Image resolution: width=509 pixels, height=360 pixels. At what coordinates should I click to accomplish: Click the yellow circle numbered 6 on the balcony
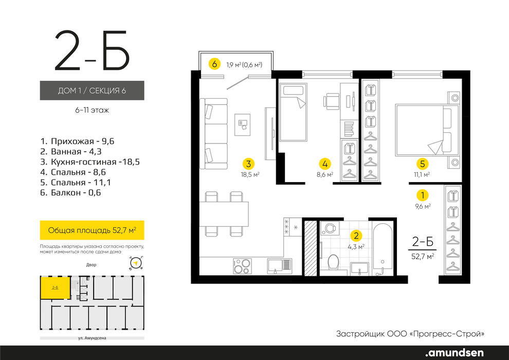[214, 64]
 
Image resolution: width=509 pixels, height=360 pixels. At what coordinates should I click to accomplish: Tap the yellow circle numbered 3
[248, 164]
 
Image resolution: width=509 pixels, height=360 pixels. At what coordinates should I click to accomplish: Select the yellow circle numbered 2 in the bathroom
[356, 236]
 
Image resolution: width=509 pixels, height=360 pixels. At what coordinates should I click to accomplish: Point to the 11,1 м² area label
[422, 174]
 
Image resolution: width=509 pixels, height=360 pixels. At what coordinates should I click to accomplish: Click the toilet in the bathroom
[333, 262]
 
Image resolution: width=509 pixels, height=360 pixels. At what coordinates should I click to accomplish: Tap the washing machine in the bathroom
[330, 228]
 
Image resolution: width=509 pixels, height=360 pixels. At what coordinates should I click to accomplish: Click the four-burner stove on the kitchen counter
[242, 266]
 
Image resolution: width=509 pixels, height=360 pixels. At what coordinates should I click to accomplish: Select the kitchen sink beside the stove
[280, 266]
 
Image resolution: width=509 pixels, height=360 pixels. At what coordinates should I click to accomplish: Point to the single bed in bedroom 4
[293, 112]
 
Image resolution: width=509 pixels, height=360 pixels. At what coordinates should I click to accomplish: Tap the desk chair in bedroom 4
[331, 102]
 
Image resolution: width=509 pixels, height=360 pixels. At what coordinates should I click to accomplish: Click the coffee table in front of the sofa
[243, 124]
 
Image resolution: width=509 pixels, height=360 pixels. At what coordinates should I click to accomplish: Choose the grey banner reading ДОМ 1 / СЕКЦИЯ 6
[92, 90]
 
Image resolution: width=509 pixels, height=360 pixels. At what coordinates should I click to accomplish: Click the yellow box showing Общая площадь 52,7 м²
[92, 230]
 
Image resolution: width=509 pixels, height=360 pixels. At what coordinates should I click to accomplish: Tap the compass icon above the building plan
[136, 263]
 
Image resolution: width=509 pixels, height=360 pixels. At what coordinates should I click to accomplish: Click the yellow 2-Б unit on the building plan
[55, 287]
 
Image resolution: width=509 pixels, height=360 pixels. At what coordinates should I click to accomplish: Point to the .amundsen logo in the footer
[454, 353]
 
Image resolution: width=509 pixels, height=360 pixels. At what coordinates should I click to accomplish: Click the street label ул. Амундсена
[92, 338]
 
